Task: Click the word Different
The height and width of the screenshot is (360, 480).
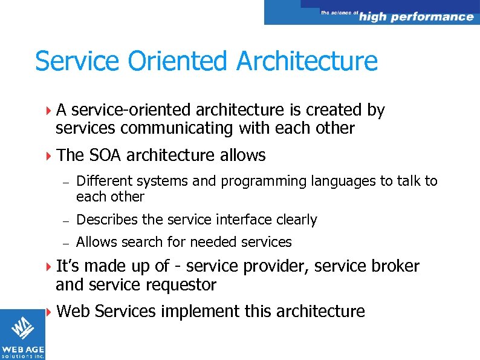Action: coord(106,181)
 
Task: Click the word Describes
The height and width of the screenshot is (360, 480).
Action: coord(105,220)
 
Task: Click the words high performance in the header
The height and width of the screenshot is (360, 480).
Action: coord(416,17)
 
